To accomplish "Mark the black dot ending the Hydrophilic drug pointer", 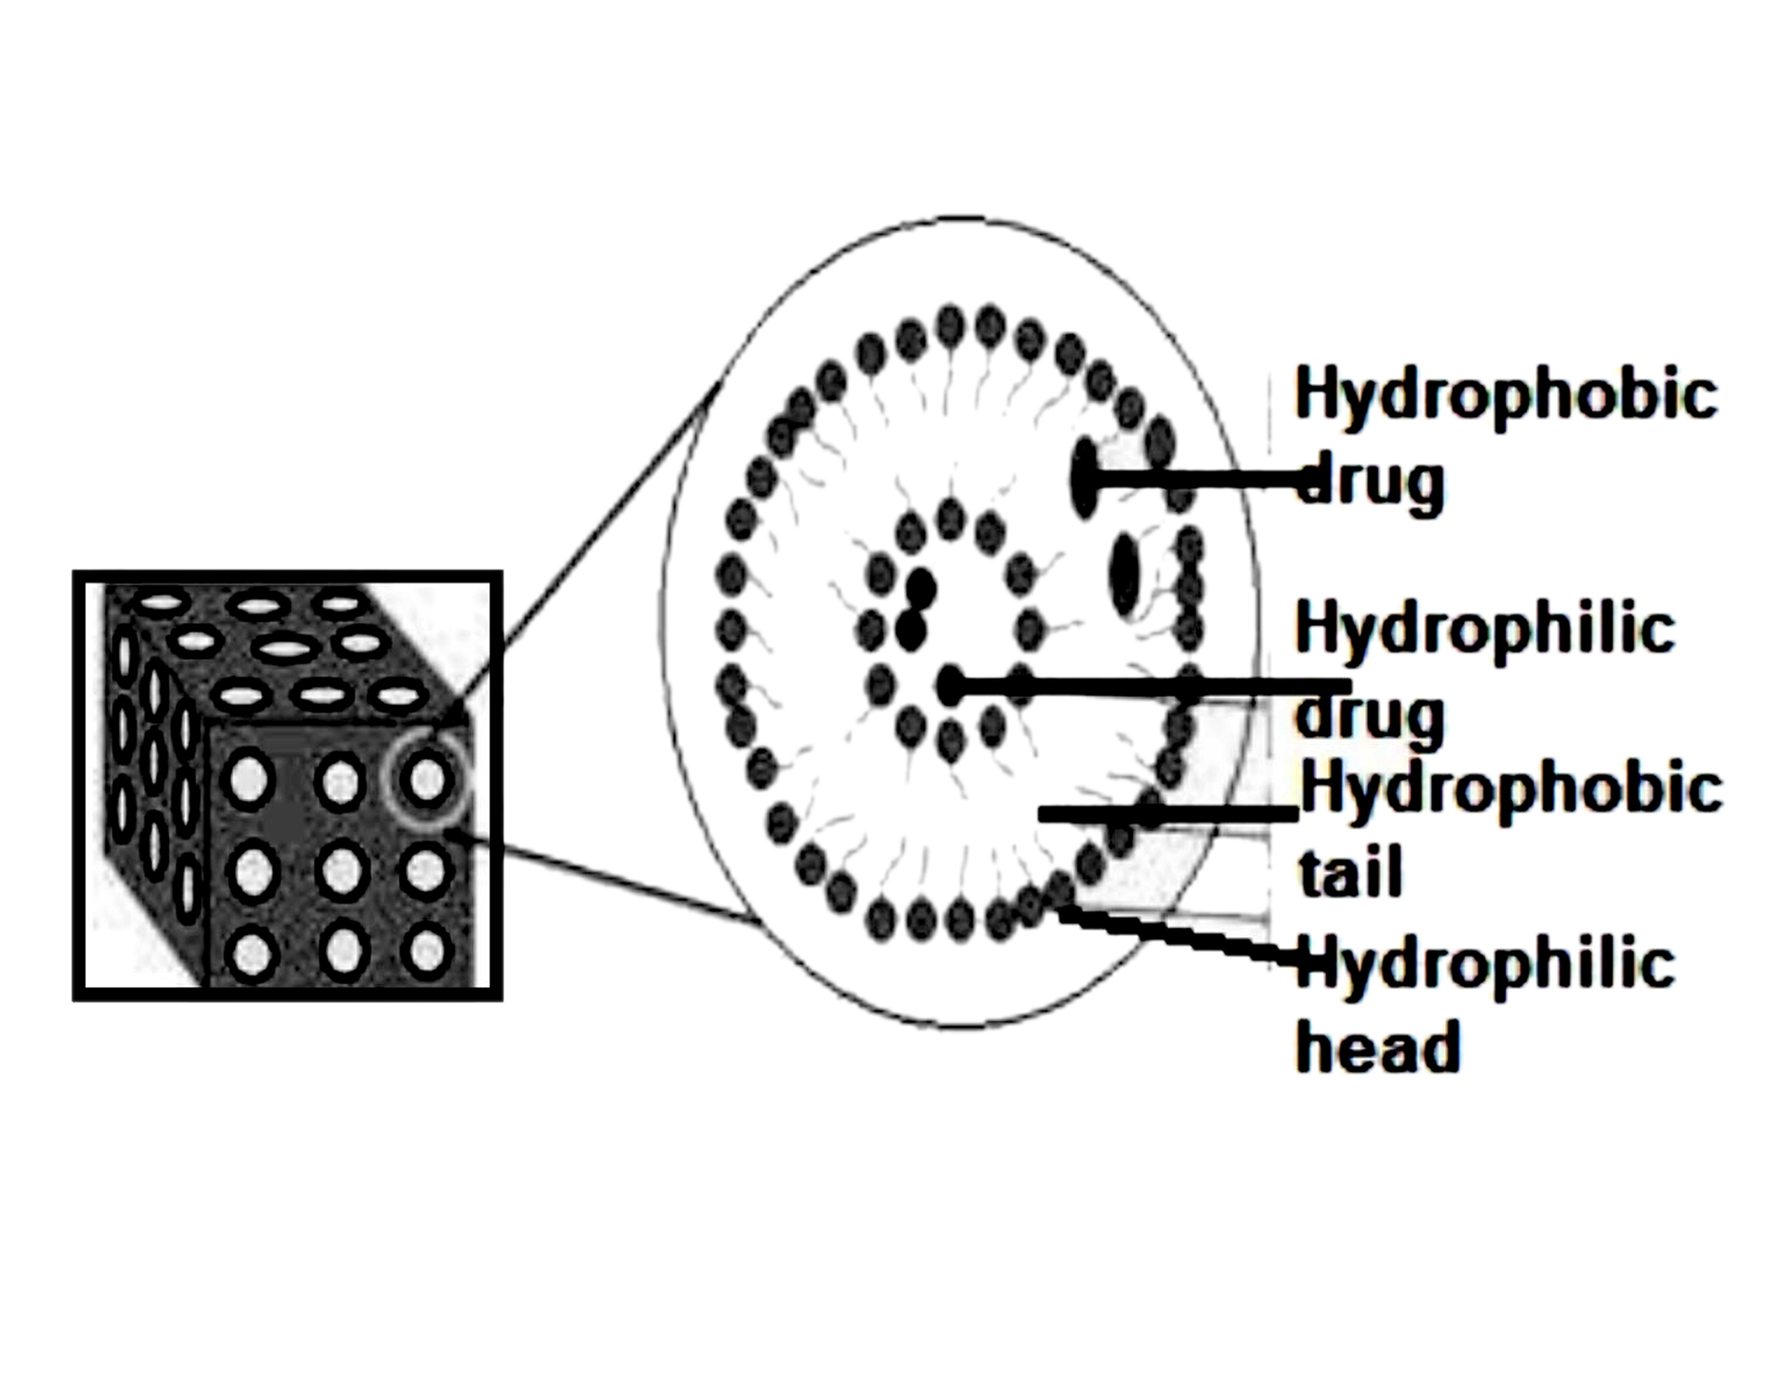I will coord(951,684).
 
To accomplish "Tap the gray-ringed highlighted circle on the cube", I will coord(426,779).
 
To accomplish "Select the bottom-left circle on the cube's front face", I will coord(252,953).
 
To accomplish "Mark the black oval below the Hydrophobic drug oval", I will coord(1126,574).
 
